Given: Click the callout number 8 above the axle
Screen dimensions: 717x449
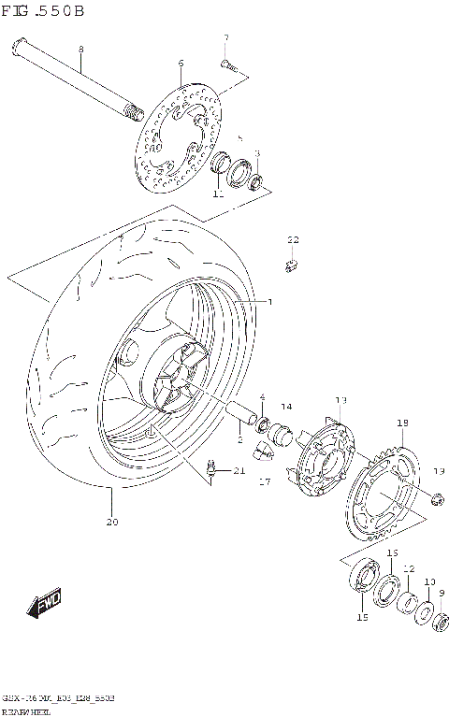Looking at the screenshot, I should (80, 49).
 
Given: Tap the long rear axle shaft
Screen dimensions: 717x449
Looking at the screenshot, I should (75, 79).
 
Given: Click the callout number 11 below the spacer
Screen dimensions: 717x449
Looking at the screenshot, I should (217, 194).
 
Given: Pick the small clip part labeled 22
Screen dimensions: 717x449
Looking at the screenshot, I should (291, 265).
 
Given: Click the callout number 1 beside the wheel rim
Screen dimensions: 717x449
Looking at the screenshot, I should (269, 301).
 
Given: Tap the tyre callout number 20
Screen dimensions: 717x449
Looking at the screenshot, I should (112, 522).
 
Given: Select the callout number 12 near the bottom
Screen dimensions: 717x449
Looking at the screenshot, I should (409, 568).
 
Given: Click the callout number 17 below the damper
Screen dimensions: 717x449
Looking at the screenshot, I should (265, 483).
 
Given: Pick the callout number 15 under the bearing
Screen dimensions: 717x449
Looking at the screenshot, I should (362, 618).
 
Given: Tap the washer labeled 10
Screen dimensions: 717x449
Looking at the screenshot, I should (423, 613).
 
